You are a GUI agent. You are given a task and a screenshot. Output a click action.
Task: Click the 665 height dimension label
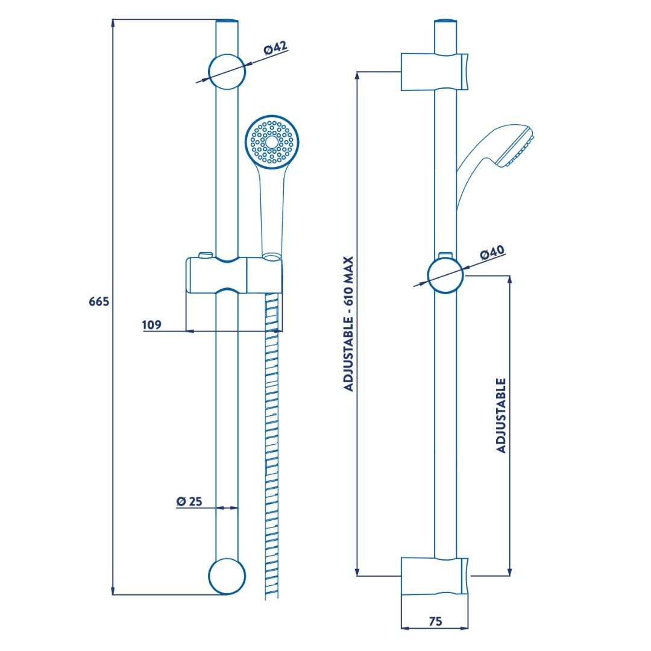(x=99, y=301)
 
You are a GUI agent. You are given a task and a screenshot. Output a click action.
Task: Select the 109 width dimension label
(x=151, y=325)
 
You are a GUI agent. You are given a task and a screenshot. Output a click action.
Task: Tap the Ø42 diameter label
(x=275, y=48)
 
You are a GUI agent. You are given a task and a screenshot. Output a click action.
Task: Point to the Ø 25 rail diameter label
(x=189, y=501)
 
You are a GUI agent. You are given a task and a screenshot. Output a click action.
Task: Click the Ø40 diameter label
(x=492, y=253)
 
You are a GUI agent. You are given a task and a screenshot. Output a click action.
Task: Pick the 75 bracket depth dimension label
(x=436, y=621)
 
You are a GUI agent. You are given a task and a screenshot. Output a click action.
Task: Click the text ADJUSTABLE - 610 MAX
(x=348, y=324)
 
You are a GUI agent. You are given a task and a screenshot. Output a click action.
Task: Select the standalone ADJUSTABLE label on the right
(x=502, y=415)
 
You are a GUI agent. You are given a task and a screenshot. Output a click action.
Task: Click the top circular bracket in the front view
(x=227, y=71)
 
